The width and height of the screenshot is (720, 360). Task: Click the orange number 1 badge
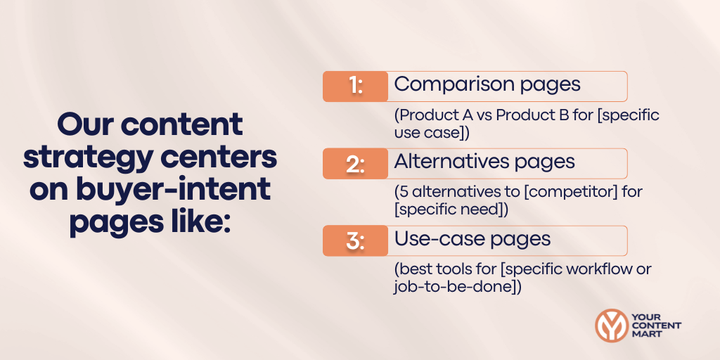pos(355,86)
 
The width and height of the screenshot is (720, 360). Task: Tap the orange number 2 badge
pos(355,163)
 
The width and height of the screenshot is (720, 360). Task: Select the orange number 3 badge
pos(355,240)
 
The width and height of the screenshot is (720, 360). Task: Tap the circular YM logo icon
pos(611,326)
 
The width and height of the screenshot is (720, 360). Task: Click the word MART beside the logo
pos(647,335)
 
